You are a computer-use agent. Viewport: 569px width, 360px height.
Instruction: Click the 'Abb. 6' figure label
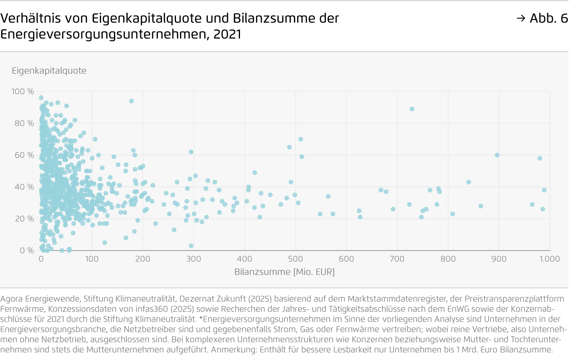(x=548, y=18)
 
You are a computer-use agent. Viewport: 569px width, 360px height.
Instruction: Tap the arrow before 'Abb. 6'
(x=521, y=18)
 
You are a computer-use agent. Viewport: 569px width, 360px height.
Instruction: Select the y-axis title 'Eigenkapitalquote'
(x=49, y=71)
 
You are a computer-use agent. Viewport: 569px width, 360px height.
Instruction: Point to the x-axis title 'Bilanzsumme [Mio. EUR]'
(x=284, y=272)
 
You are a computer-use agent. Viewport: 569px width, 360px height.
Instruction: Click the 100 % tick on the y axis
(x=23, y=91)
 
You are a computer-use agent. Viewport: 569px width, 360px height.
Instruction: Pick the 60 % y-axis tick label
(x=24, y=155)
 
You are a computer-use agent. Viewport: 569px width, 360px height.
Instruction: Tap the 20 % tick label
(x=24, y=219)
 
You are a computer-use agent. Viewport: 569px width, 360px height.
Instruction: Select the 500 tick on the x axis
(x=295, y=259)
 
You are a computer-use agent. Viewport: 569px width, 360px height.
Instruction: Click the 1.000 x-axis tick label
(x=549, y=259)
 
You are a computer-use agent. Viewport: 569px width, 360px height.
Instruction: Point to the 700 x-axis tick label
(x=397, y=259)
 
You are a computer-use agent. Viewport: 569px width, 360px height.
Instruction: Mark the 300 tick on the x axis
(x=193, y=259)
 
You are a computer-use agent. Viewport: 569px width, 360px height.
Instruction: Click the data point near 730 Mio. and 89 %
(x=412, y=109)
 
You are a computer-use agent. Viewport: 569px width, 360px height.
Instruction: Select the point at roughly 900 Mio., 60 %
(x=497, y=155)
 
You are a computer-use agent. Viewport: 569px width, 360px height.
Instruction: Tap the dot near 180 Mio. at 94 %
(x=131, y=101)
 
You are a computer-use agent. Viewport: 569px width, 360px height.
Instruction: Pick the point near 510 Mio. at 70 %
(x=300, y=139)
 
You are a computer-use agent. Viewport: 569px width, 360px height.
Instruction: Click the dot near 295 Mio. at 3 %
(x=191, y=246)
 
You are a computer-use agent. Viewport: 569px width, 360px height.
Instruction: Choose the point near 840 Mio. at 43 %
(x=468, y=182)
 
